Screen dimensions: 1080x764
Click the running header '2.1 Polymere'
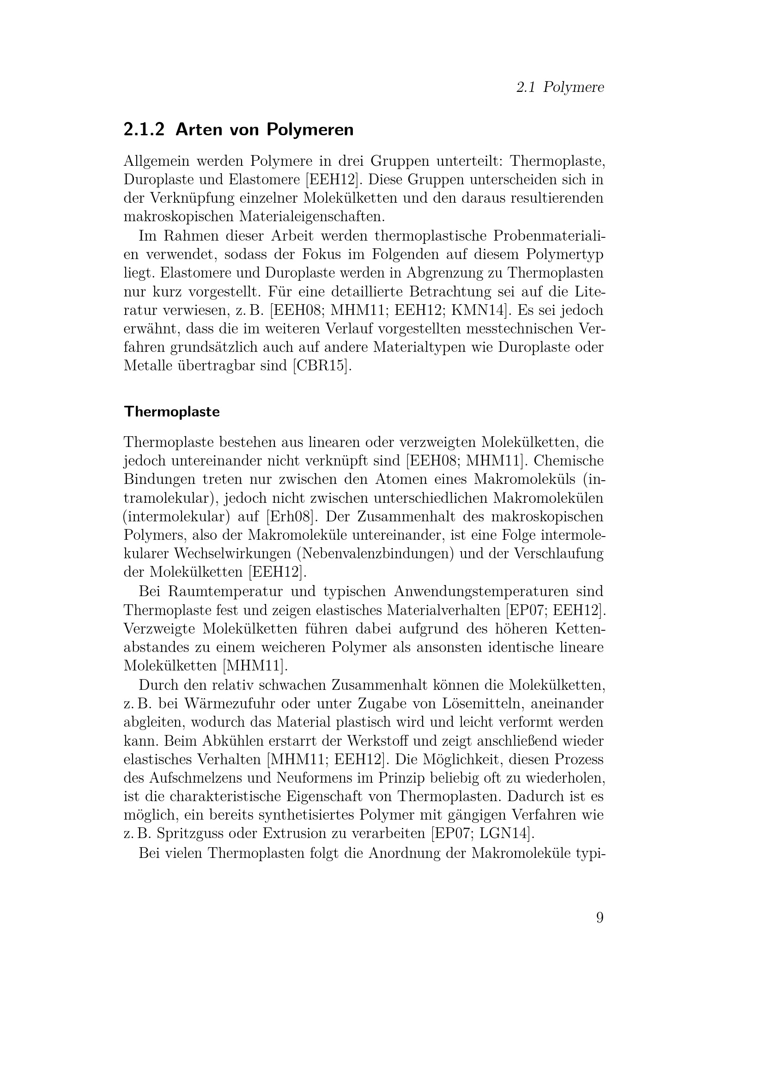coord(559,87)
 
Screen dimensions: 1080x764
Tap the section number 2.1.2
coord(144,129)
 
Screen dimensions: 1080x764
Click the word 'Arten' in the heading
coord(198,129)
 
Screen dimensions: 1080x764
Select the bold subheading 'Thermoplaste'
coord(172,412)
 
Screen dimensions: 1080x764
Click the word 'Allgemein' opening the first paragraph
coord(156,161)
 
